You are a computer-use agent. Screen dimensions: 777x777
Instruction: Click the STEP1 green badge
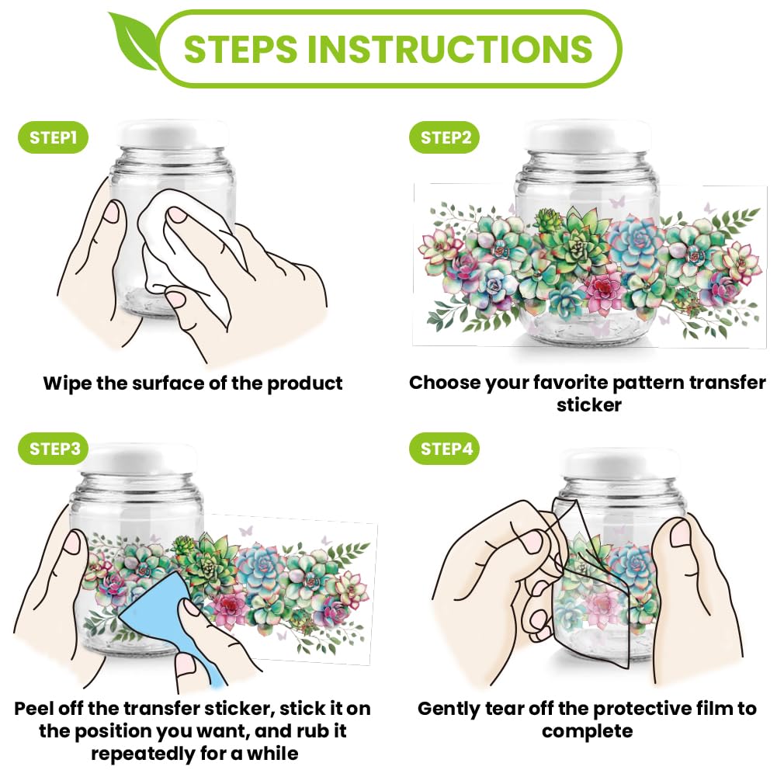(53, 137)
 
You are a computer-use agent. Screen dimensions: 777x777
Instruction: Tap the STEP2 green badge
(445, 137)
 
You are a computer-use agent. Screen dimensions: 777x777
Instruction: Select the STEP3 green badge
(53, 449)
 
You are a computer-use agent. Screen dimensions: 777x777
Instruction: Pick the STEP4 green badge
(445, 449)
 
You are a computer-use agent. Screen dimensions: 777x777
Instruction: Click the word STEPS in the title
(241, 49)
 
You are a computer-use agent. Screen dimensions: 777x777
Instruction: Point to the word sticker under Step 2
(588, 405)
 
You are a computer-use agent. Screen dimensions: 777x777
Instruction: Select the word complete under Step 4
(587, 732)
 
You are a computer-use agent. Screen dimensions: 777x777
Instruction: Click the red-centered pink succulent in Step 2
(602, 287)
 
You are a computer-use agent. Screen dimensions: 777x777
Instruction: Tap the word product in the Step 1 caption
(305, 384)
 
